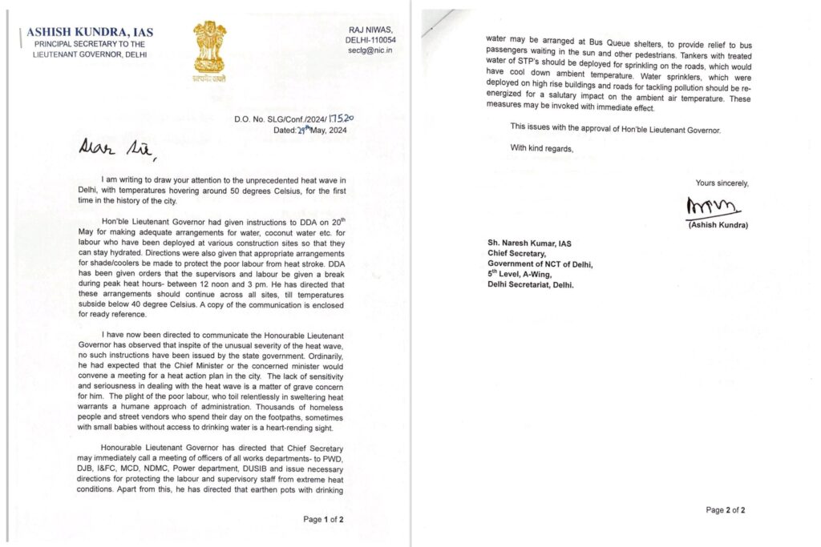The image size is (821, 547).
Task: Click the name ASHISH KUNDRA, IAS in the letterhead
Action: pos(90,32)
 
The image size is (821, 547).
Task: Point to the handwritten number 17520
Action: pos(340,117)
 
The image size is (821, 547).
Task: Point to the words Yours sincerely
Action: pos(722,183)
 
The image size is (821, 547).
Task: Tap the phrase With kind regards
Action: pos(542,147)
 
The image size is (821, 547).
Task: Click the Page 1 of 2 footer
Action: pos(323,519)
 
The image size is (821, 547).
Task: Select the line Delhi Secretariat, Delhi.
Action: pos(531,284)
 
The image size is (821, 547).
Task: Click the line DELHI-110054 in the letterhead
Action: pos(370,38)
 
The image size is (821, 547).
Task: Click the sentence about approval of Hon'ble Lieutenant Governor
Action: pos(616,128)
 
